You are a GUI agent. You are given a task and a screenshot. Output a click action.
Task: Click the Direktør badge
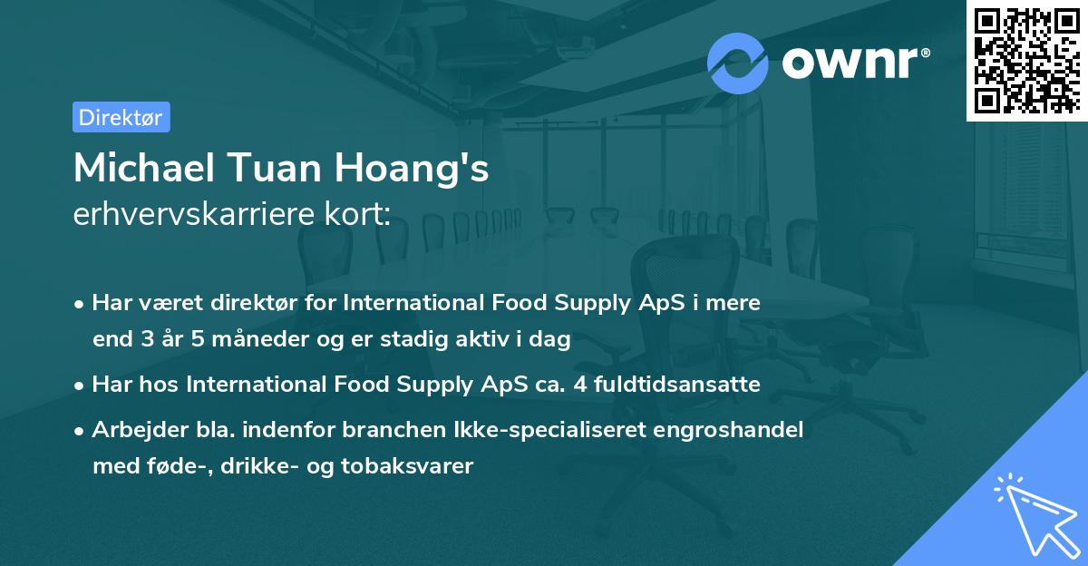[121, 117]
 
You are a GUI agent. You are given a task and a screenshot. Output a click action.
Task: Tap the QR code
[1027, 60]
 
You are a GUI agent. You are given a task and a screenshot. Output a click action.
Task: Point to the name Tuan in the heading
[270, 168]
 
